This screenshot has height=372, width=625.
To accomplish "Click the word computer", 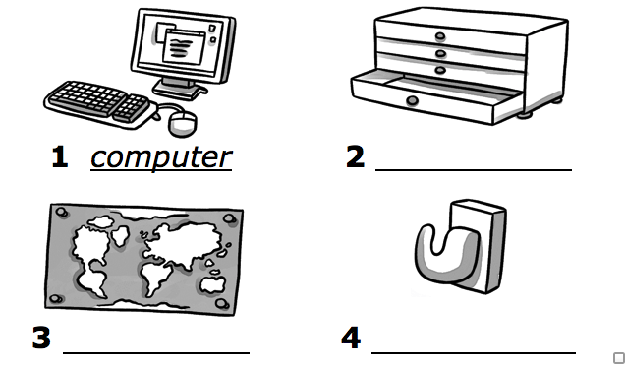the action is pyautogui.click(x=161, y=158).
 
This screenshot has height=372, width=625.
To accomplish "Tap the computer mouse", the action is pyautogui.click(x=184, y=124).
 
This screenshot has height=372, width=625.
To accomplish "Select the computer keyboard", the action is pyautogui.click(x=97, y=103).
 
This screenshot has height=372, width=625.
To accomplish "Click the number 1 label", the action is pyautogui.click(x=60, y=156).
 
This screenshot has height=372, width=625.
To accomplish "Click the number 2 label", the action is pyautogui.click(x=355, y=156).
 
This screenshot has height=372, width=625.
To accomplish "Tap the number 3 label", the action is pyautogui.click(x=41, y=338).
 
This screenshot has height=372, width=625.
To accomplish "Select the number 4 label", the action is pyautogui.click(x=351, y=338).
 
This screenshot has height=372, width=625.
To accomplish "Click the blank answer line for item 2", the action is pyautogui.click(x=474, y=170).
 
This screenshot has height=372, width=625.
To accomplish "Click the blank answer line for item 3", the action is pyautogui.click(x=156, y=353).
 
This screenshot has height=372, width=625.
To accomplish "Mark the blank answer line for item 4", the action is pyautogui.click(x=474, y=353).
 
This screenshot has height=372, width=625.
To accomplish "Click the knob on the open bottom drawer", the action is pyautogui.click(x=412, y=101).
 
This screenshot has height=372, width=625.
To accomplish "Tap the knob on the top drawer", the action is pyautogui.click(x=440, y=36).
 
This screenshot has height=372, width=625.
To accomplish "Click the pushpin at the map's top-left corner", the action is pyautogui.click(x=62, y=212).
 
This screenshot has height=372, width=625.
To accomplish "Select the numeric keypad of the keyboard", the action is pyautogui.click(x=132, y=108).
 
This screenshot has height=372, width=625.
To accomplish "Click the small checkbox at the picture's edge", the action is pyautogui.click(x=619, y=358).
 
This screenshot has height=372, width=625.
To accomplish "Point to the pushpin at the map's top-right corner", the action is pyautogui.click(x=230, y=218).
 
